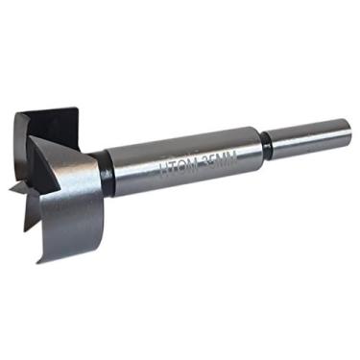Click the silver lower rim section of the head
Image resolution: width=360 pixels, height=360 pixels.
pyautogui.click(x=67, y=206)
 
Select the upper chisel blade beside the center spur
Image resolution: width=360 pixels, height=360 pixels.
pyautogui.click(x=29, y=178)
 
